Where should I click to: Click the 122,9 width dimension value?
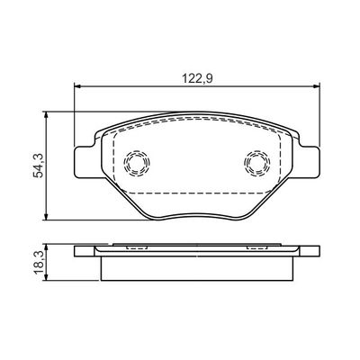coord(194,78)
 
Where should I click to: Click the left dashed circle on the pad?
coord(137,162)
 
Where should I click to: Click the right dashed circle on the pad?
coord(256,162)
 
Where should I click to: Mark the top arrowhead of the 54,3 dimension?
coord(44,115)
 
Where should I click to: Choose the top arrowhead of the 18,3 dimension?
coord(44,246)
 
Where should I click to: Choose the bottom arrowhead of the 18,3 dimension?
coord(44,280)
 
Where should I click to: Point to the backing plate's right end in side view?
coord(316,251)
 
